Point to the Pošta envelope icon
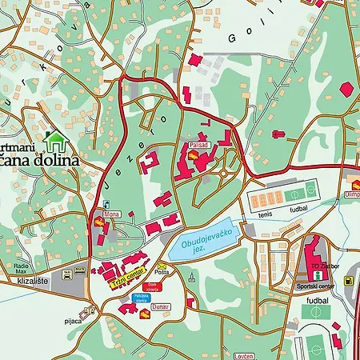(x=162, y=266)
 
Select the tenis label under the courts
(x=266, y=214)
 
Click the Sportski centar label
(x=313, y=286)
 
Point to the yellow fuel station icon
(x=349, y=280)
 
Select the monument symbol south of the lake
(x=192, y=278)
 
